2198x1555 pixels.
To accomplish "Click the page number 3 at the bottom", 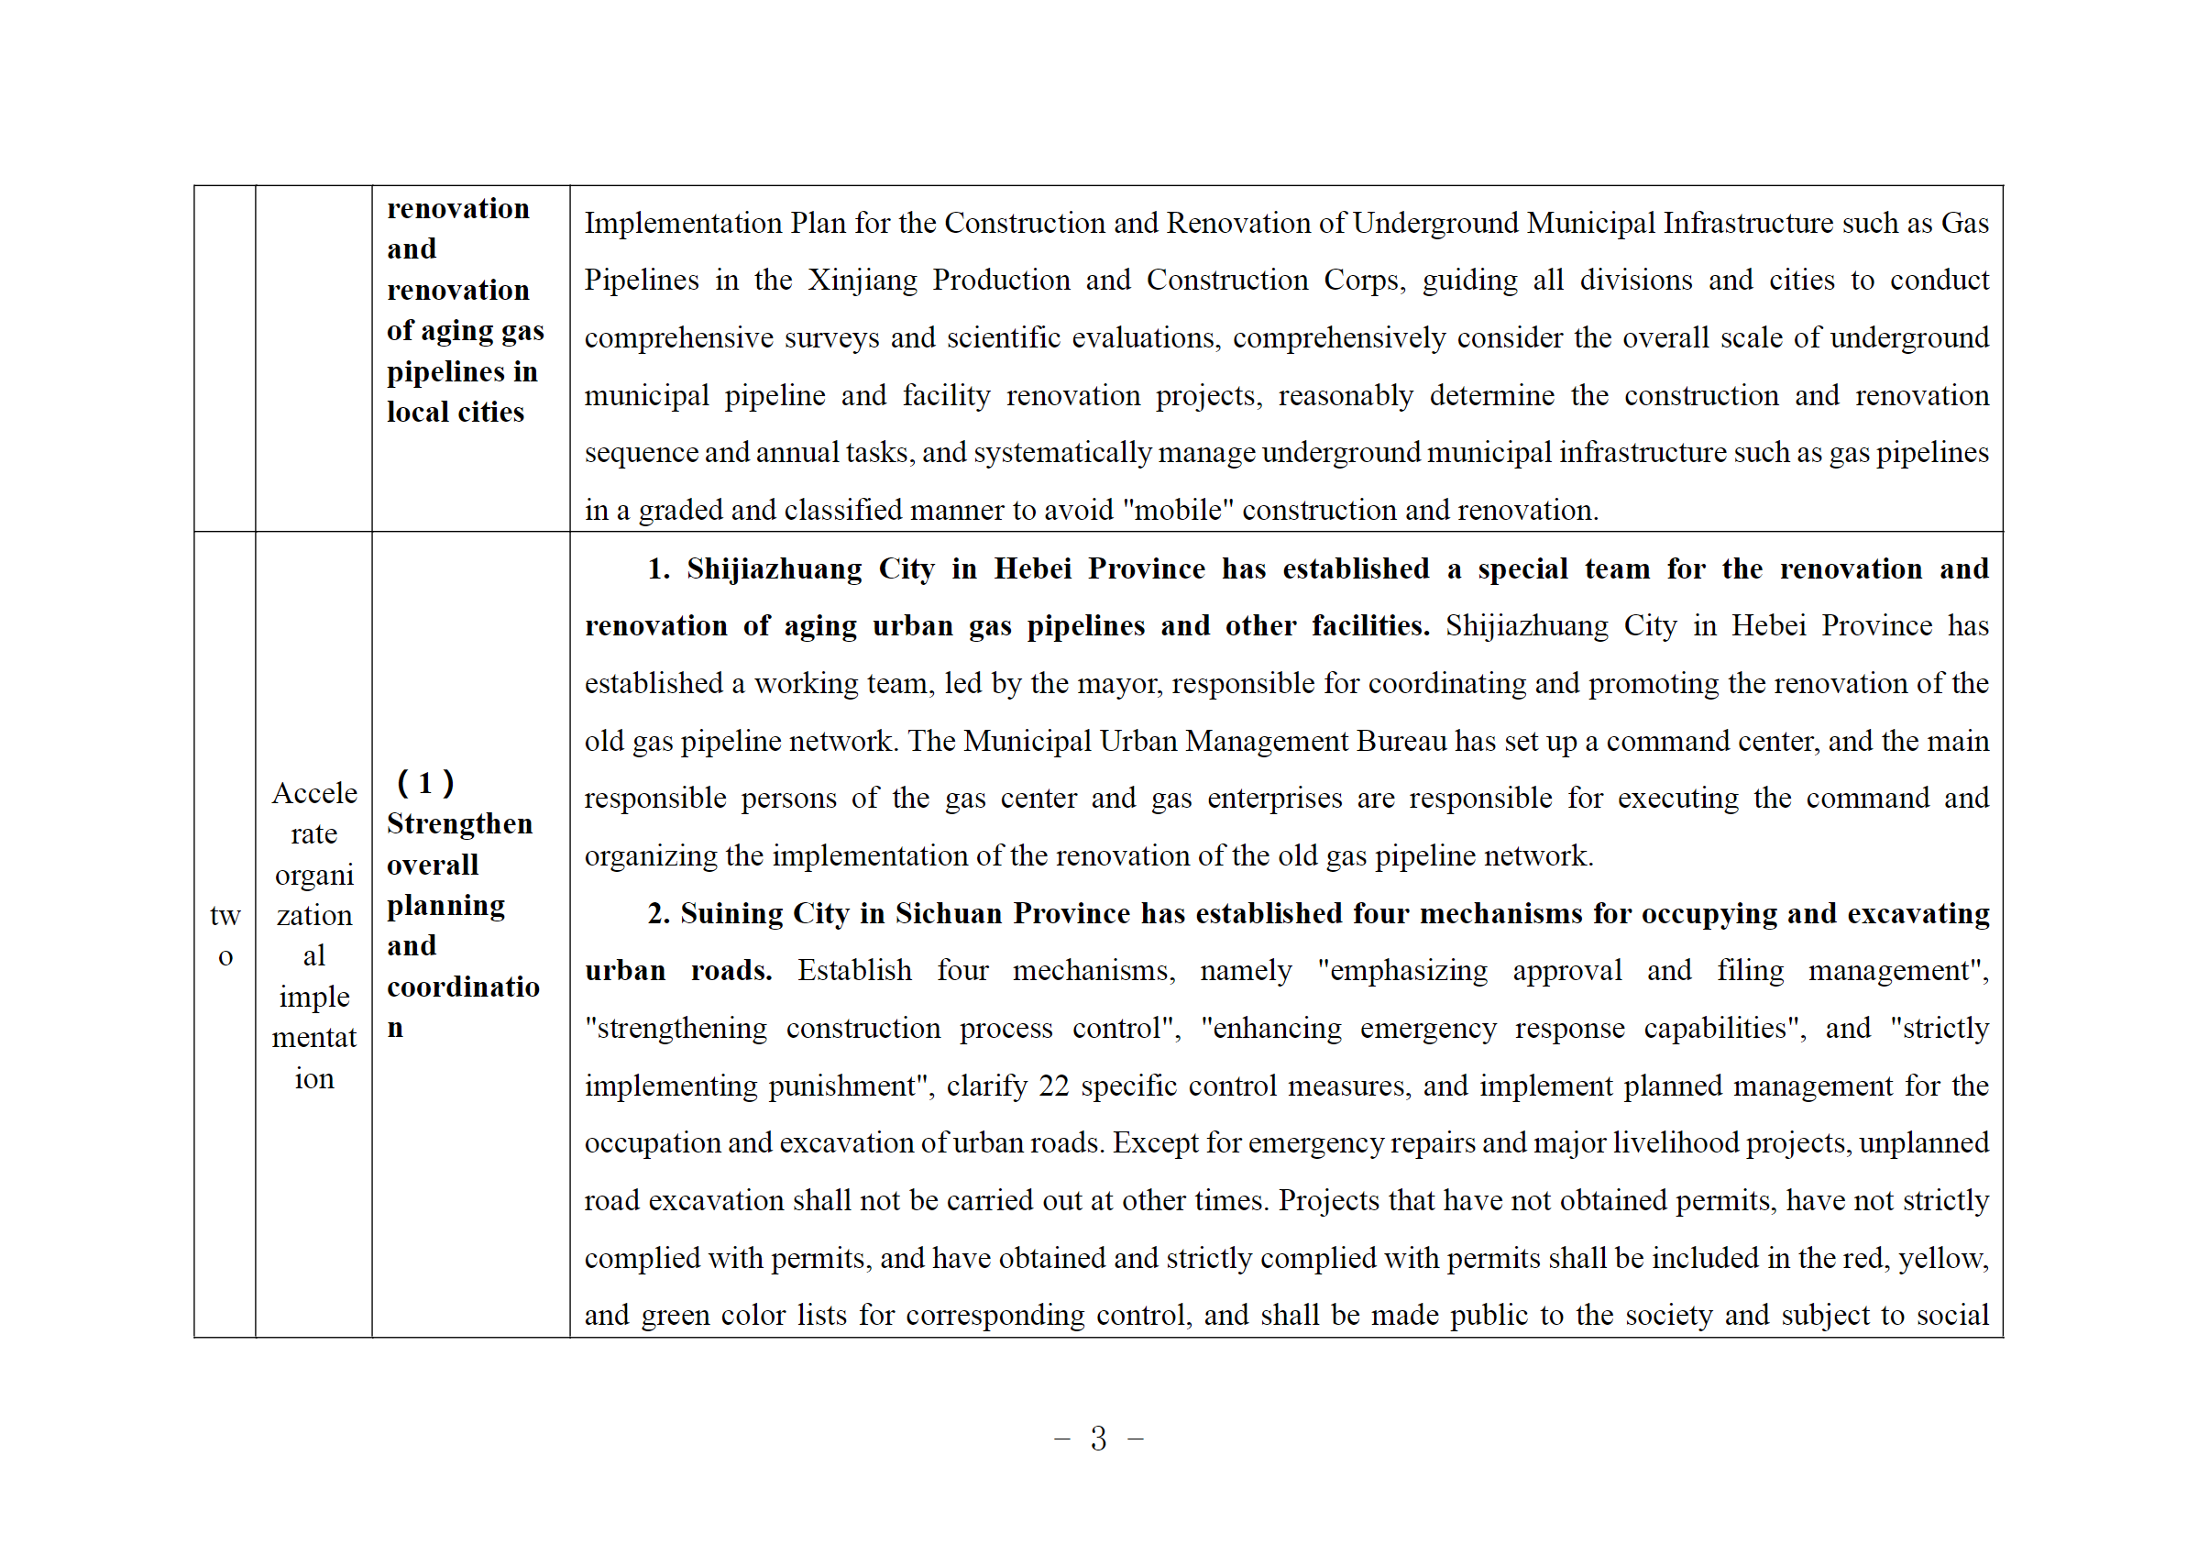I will point(1098,1439).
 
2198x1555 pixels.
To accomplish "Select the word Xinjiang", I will point(862,281).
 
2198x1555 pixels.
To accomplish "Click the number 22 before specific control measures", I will point(1053,1086).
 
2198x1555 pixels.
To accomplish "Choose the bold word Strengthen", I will point(459,824).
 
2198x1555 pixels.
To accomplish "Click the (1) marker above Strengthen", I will point(425,783).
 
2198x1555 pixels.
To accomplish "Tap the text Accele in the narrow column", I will point(314,794).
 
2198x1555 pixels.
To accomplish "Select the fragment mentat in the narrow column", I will point(314,1038).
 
